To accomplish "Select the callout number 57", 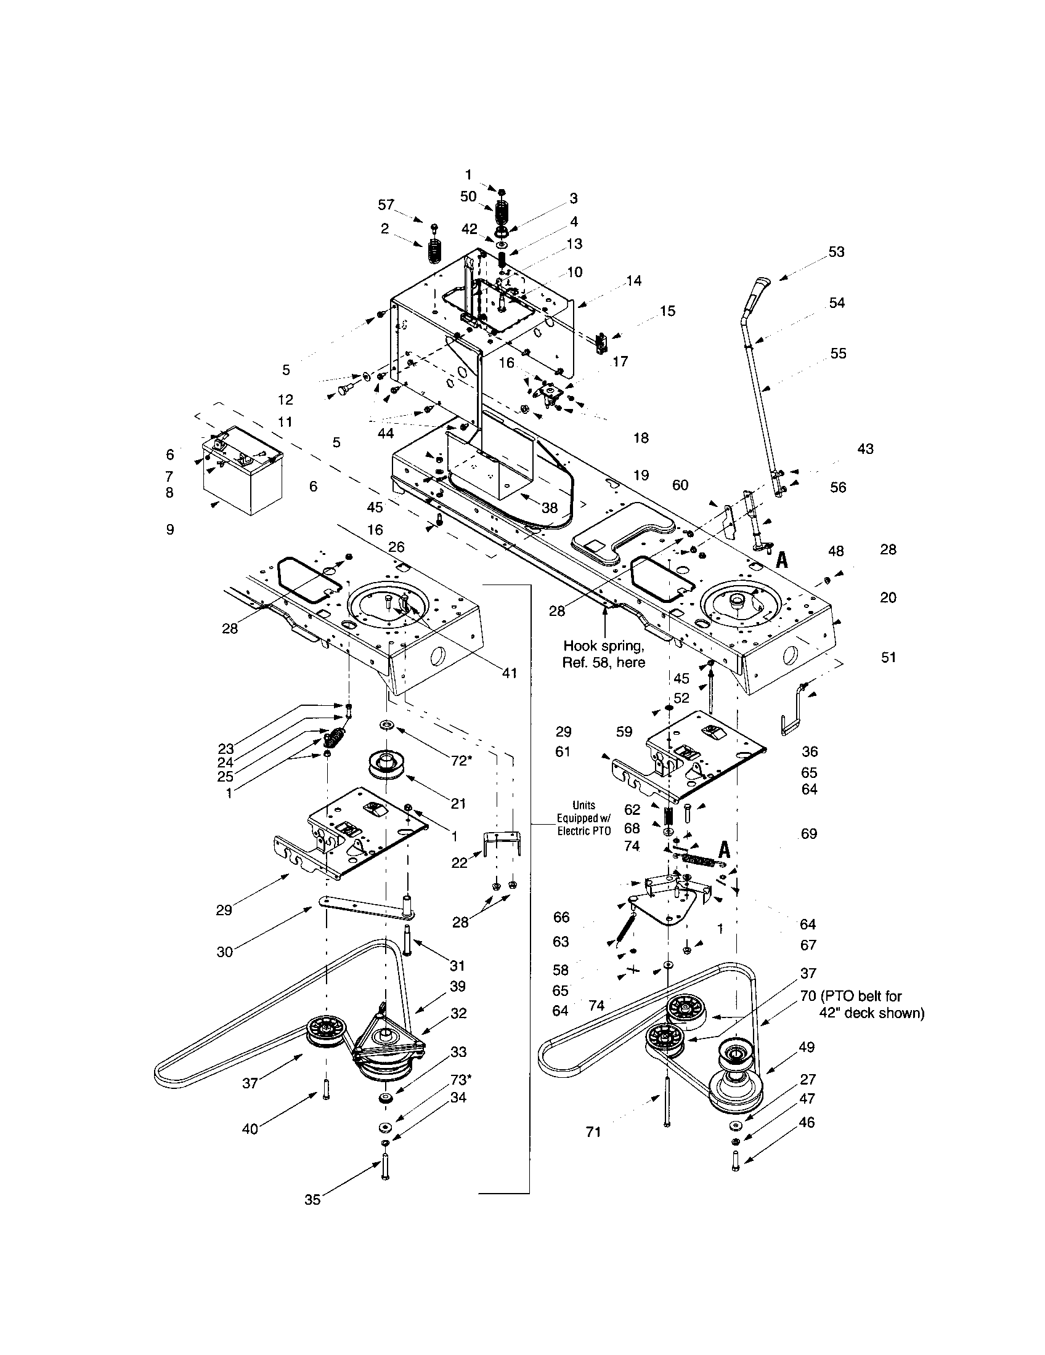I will (386, 204).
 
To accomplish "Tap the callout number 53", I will (836, 251).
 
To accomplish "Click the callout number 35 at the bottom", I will (312, 1200).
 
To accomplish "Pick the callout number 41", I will (509, 673).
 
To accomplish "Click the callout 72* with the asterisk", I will (461, 760).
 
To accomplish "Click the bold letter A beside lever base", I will (782, 560).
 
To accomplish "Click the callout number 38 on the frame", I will (549, 508).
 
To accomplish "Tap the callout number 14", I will (633, 280).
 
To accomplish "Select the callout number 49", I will (807, 1046).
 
